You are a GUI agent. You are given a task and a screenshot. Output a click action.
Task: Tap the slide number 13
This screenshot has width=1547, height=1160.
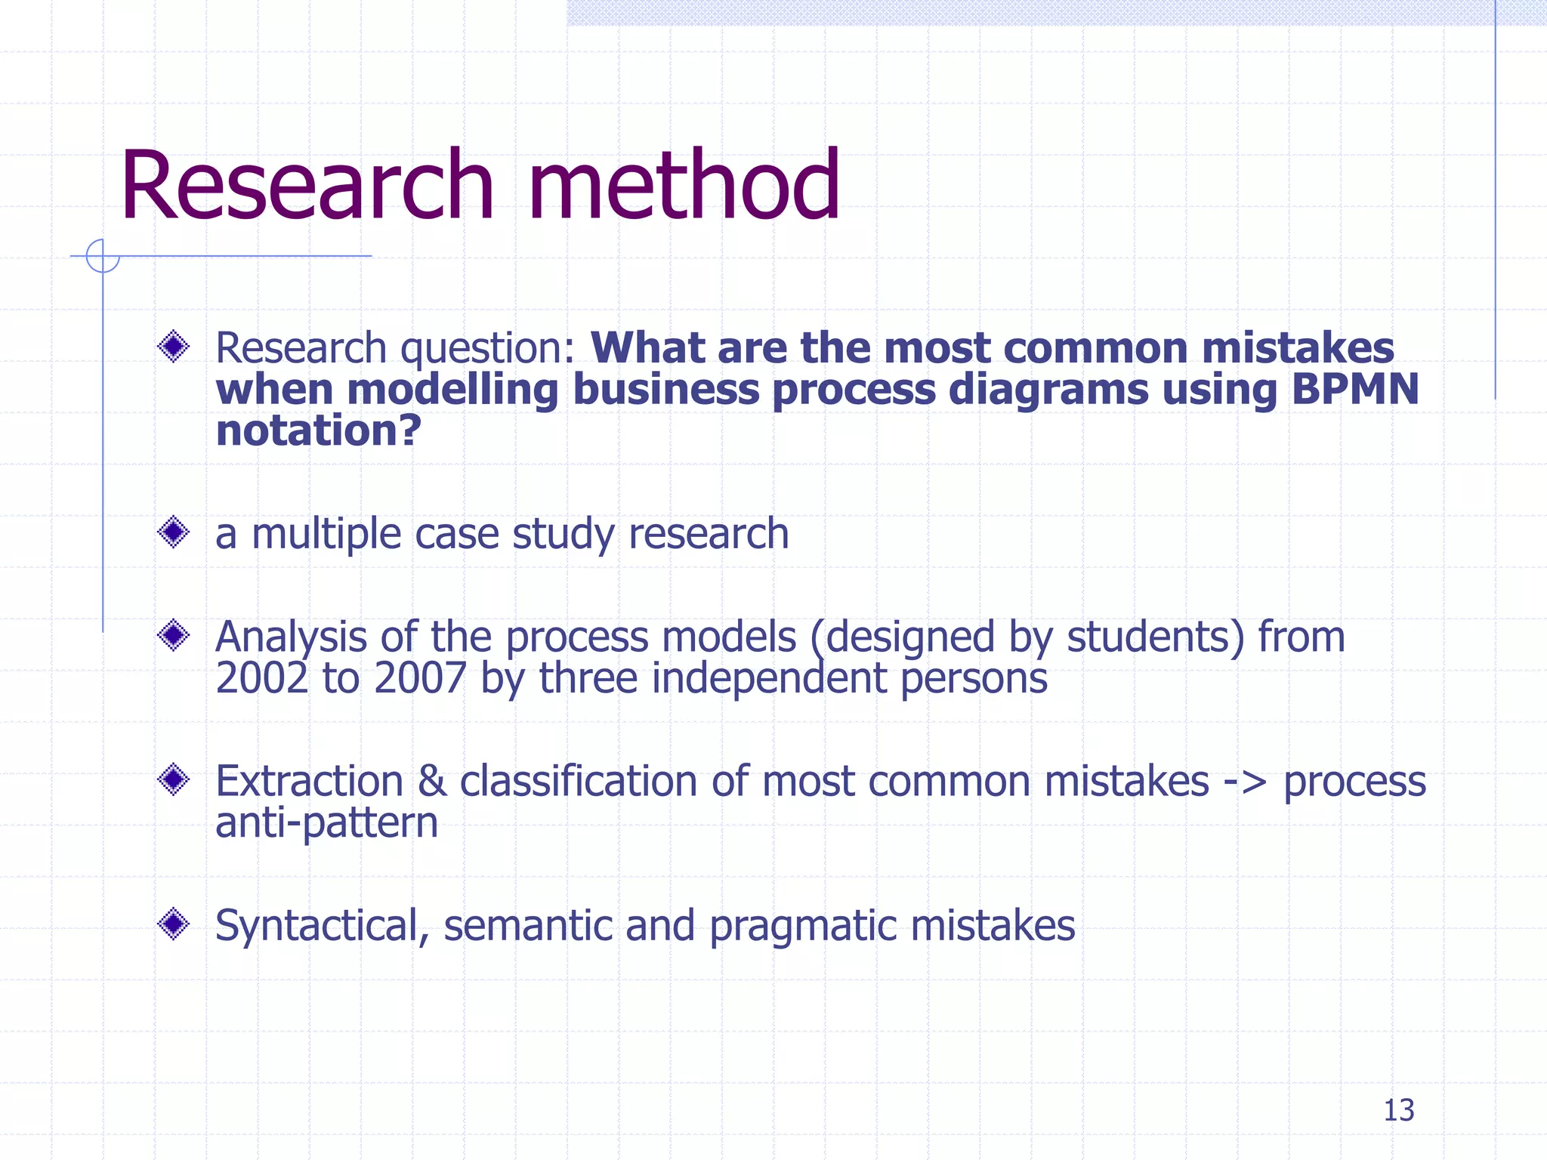pyautogui.click(x=1398, y=1110)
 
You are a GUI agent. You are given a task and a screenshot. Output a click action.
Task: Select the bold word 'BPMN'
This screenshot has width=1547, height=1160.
pyautogui.click(x=1355, y=390)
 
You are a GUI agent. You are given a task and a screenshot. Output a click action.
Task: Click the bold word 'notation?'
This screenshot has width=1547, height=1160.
pyautogui.click(x=318, y=431)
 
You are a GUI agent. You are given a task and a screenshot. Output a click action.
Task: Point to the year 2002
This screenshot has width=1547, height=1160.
pyautogui.click(x=261, y=678)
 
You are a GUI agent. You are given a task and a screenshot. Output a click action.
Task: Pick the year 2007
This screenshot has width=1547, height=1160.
pyautogui.click(x=420, y=678)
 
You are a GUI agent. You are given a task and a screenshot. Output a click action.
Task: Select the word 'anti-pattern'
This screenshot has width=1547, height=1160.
pyautogui.click(x=326, y=822)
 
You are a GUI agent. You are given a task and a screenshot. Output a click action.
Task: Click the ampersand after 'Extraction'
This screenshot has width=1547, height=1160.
pyautogui.click(x=431, y=782)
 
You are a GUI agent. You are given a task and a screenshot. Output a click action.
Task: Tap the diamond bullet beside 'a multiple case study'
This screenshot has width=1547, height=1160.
pyautogui.click(x=174, y=532)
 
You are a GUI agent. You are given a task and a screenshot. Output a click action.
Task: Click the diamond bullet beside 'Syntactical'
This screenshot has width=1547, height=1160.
pyautogui.click(x=174, y=924)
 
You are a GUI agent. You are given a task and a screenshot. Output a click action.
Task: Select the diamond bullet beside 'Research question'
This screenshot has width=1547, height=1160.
pyautogui.click(x=174, y=347)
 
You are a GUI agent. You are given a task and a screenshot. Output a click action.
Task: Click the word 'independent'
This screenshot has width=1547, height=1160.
pyautogui.click(x=769, y=678)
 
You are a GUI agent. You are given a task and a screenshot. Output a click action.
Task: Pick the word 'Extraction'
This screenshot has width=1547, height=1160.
pyautogui.click(x=309, y=782)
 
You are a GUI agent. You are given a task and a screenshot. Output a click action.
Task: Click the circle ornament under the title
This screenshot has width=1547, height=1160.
pyautogui.click(x=103, y=255)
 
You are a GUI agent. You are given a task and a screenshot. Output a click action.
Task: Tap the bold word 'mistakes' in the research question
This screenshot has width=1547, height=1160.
pyautogui.click(x=1297, y=348)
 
